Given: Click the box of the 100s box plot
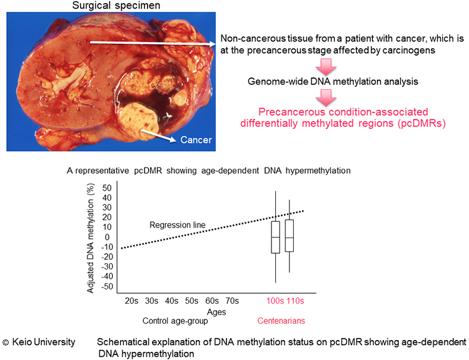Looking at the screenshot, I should (x=275, y=237).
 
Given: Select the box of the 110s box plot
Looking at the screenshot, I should (x=289, y=236).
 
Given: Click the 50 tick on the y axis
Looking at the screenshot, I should (x=109, y=187).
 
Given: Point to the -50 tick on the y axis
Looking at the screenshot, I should (x=108, y=287).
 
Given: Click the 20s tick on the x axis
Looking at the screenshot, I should (x=132, y=301).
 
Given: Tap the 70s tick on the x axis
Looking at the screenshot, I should (x=232, y=301).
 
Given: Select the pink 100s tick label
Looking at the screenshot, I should (x=273, y=301).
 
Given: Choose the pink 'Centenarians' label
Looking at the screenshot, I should (x=282, y=321).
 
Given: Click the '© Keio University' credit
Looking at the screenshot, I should (x=40, y=342).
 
